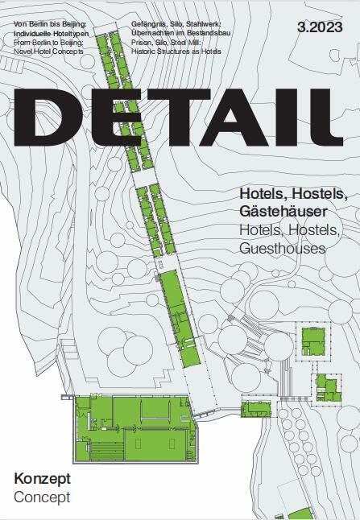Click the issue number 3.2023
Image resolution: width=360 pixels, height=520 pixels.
pos(320,27)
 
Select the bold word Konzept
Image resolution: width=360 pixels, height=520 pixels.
pos(42,479)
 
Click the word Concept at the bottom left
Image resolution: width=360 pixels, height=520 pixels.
pos(42,497)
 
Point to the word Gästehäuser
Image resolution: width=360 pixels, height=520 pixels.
pos(283,211)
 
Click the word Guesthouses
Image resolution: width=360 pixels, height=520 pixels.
pos(283,249)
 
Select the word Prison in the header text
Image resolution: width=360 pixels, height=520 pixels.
pos(140,43)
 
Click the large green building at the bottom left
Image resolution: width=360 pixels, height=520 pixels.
pos(135,428)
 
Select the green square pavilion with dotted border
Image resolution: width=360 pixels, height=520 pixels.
pos(313,341)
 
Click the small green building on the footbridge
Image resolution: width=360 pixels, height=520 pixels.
pos(255,409)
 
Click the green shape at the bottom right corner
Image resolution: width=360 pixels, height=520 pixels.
pos(301,514)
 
